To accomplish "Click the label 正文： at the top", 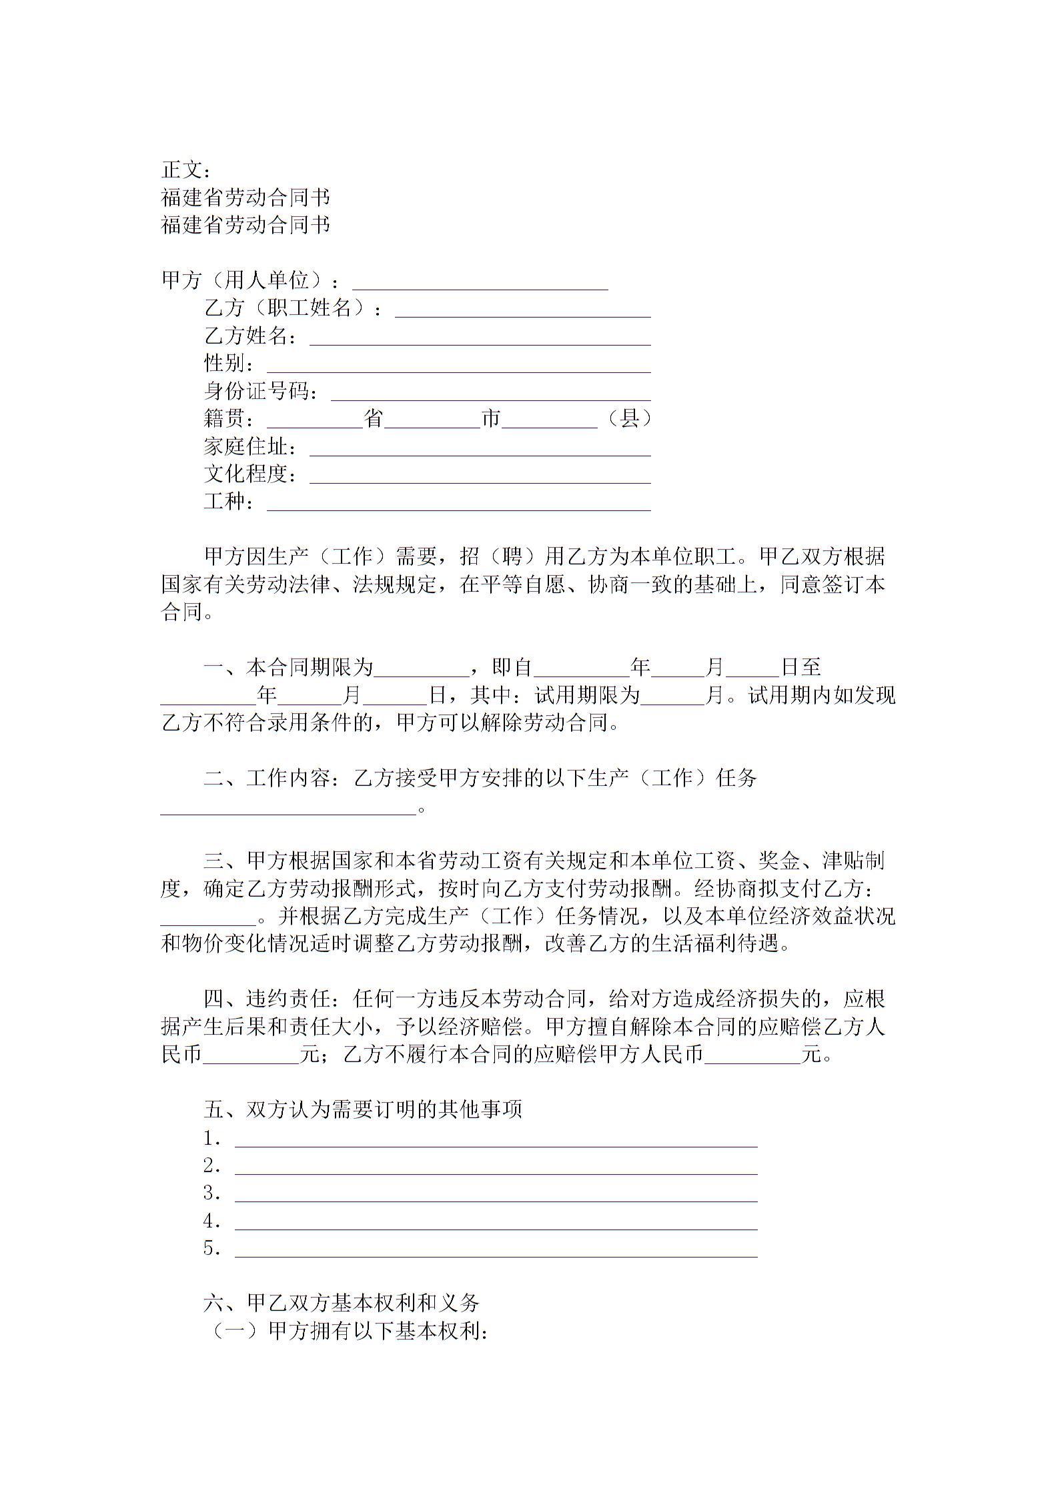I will point(187,170).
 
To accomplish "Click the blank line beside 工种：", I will point(458,506).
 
